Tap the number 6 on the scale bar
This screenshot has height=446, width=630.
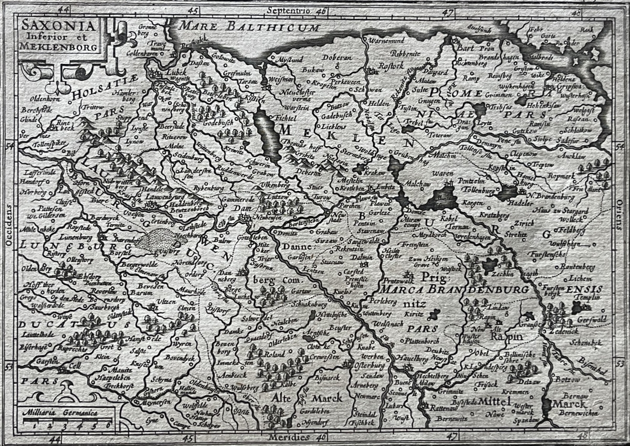[109, 425]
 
